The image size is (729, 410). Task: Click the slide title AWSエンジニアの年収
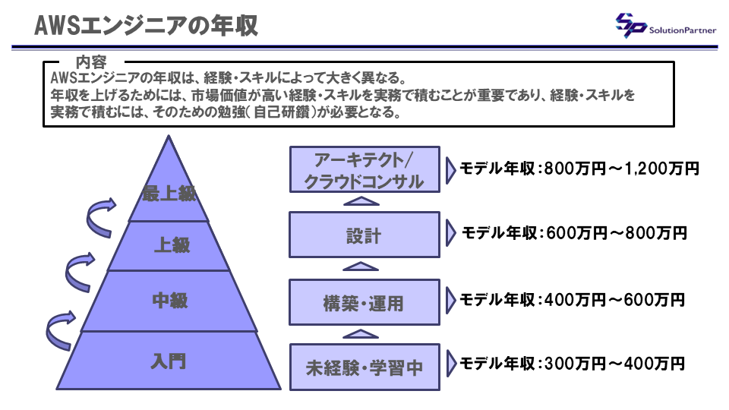[146, 26]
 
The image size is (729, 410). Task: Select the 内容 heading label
[91, 61]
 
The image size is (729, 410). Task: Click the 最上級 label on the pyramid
[169, 194]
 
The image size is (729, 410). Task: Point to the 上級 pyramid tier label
[172, 245]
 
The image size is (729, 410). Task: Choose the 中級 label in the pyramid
[170, 301]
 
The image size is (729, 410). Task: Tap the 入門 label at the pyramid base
[169, 361]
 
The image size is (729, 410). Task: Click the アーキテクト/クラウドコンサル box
[364, 169]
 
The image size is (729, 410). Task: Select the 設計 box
[364, 235]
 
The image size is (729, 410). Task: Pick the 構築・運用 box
[364, 302]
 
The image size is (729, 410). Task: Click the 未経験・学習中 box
[364, 367]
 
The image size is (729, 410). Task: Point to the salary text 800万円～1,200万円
[621, 169]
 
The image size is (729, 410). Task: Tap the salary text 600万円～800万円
[617, 233]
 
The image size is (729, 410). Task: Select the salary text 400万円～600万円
[614, 300]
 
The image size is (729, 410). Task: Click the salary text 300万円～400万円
[614, 364]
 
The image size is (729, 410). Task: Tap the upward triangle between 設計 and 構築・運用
[360, 266]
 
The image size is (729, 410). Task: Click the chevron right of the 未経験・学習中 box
[451, 364]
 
